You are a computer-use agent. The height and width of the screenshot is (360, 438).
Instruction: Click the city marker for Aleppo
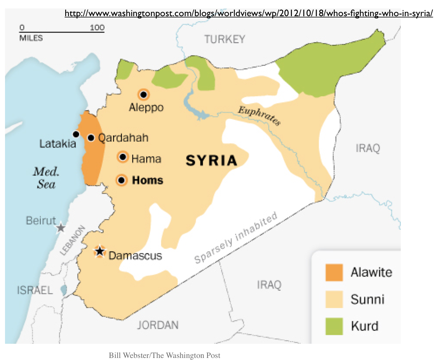144,95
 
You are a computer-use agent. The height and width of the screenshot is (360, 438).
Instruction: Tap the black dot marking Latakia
76,134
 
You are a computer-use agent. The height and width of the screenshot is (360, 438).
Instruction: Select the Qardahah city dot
91,138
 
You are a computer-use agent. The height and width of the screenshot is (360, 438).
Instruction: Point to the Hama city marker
123,157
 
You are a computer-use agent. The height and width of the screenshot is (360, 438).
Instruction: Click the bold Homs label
147,180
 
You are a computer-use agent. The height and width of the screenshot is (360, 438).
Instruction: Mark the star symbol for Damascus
100,252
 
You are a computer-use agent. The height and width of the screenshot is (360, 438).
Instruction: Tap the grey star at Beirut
61,228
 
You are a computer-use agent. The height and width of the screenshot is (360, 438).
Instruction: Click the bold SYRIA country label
211,161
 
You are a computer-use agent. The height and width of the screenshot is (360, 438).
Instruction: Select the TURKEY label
225,39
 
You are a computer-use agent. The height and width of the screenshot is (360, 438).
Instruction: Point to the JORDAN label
158,325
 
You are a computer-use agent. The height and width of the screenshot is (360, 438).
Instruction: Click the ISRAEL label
35,290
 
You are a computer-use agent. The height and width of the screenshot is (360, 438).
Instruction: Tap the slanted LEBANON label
72,240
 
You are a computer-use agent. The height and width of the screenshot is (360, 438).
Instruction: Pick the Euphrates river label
259,115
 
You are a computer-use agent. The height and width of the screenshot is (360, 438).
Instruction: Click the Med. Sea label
46,178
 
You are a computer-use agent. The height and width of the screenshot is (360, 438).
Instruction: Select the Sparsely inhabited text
236,238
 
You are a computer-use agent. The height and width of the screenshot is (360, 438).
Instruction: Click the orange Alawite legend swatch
334,272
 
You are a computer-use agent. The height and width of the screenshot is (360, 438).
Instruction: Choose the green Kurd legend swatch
334,326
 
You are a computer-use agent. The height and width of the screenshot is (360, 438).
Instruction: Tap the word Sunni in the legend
367,300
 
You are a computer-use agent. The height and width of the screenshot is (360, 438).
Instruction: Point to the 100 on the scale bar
97,28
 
